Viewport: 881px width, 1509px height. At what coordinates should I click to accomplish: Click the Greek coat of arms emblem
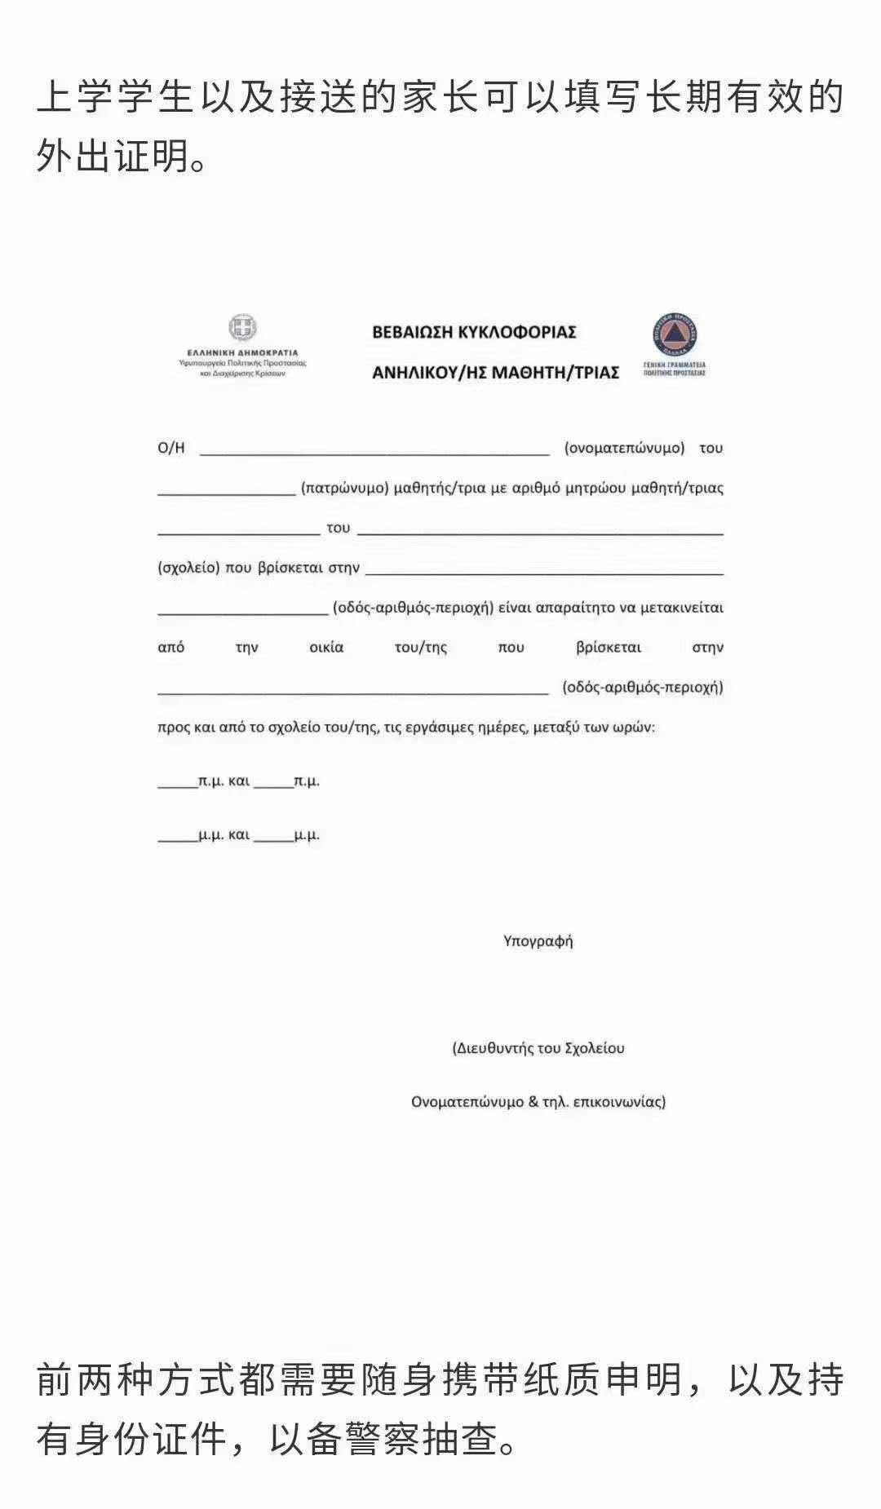pos(242,327)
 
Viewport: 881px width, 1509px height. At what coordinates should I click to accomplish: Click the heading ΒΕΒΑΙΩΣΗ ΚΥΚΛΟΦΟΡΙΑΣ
pos(474,332)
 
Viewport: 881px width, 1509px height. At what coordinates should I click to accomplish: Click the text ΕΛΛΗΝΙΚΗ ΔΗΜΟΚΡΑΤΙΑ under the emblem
pos(242,353)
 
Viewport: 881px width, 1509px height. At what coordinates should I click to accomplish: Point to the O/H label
pos(171,448)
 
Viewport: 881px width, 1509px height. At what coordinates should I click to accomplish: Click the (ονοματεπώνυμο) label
pos(624,448)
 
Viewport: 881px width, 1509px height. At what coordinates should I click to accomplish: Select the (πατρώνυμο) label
pos(343,488)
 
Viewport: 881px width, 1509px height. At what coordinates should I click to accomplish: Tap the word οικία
pos(326,648)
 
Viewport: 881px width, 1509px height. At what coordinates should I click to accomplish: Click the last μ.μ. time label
pos(307,835)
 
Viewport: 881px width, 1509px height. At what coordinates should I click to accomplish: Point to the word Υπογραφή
pos(538,941)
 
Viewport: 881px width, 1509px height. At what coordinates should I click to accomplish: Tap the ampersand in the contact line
pos(533,1102)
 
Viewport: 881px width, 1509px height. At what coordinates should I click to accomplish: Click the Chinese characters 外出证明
pos(113,155)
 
